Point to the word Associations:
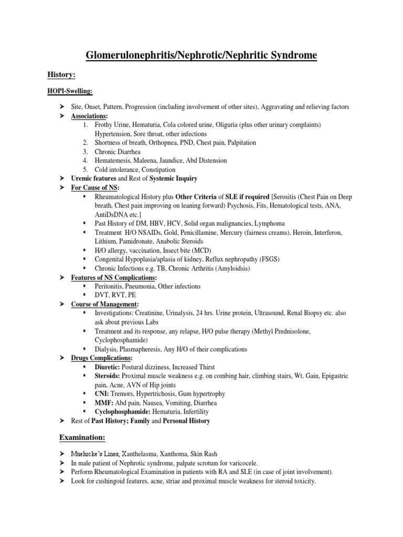click(90, 116)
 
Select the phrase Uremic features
click(92, 178)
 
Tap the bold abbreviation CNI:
click(102, 394)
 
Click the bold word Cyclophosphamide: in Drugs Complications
click(120, 412)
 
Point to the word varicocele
click(250, 462)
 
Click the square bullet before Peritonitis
click(84, 286)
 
